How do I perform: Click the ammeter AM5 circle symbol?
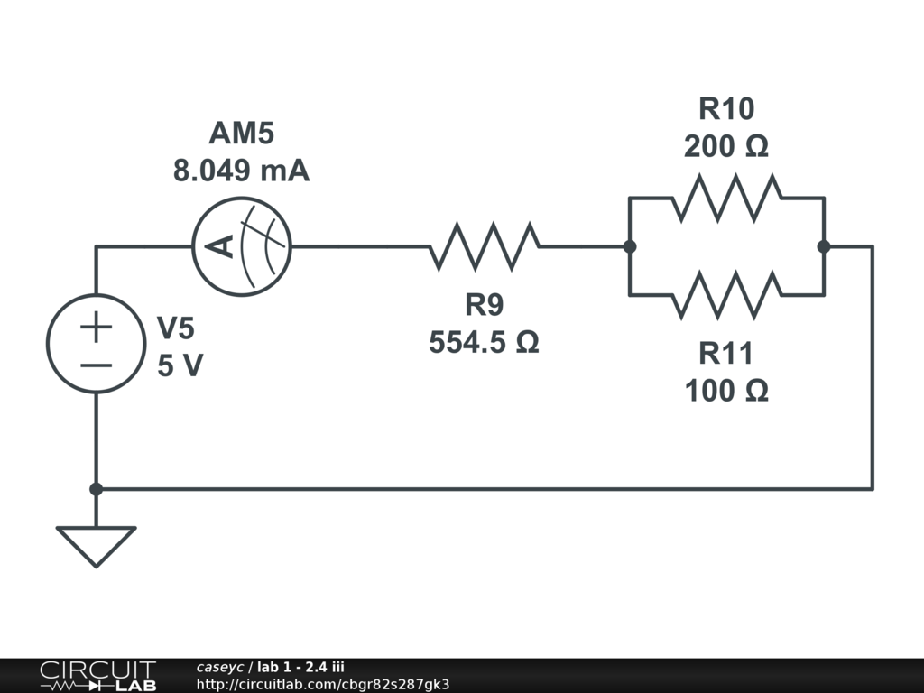point(242,245)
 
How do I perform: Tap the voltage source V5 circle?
point(96,344)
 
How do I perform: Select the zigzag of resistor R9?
point(485,245)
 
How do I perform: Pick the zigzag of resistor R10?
point(726,198)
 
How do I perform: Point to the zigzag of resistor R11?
point(726,294)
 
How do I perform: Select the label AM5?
point(241,134)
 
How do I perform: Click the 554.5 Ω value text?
point(484,343)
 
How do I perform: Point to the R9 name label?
point(484,306)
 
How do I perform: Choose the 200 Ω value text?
point(726,146)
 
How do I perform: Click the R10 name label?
point(726,109)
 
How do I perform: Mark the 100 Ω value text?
point(726,392)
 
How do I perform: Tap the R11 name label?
point(726,354)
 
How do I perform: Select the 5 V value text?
point(180,366)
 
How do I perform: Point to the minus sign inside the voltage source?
point(96,365)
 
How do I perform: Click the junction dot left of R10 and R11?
point(630,245)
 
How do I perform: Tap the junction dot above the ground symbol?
point(96,489)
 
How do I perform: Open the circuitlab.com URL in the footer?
point(322,684)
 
